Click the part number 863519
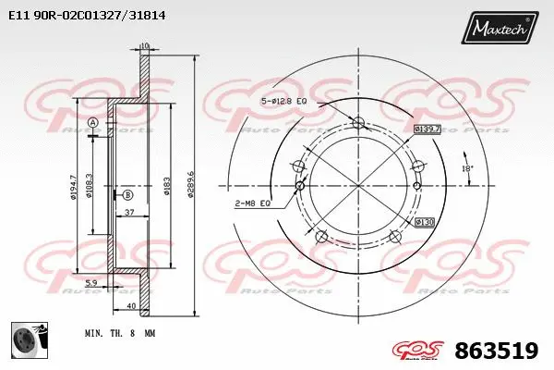pyautogui.click(x=498, y=350)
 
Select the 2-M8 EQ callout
pyautogui.click(x=250, y=202)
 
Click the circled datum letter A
pyautogui.click(x=92, y=123)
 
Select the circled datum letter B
pyautogui.click(x=127, y=195)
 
